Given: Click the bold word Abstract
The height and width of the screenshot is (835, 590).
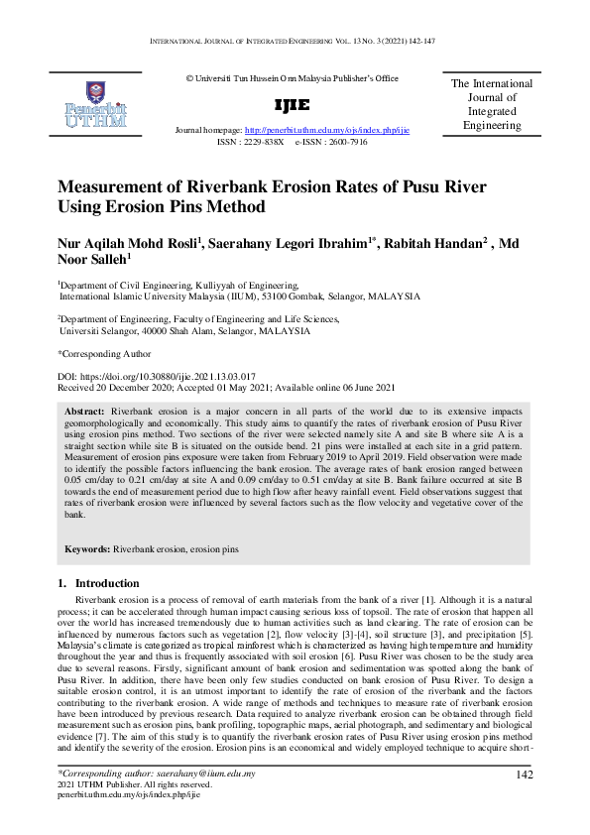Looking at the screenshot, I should pyautogui.click(x=84, y=411).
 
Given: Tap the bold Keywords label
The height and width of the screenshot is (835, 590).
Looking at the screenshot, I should pyautogui.click(x=87, y=548).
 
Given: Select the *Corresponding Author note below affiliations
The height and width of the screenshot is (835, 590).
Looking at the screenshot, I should pyautogui.click(x=104, y=352).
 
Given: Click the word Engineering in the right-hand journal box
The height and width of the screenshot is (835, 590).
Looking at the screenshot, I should pyautogui.click(x=492, y=126).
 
